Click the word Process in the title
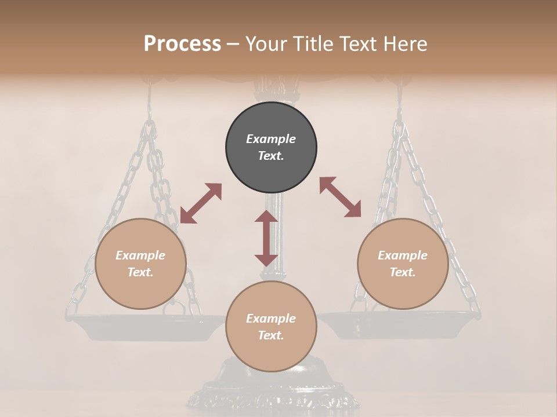pos(182,44)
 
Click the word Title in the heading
pos(313,44)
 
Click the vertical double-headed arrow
pos(266,238)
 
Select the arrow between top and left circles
pos(201,203)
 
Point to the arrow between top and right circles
pos(341,197)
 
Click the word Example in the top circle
pos(271,139)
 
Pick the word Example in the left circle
pos(140,255)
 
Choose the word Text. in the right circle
pos(403,272)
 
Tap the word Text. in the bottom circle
pos(271,335)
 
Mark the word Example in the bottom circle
pos(271,319)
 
